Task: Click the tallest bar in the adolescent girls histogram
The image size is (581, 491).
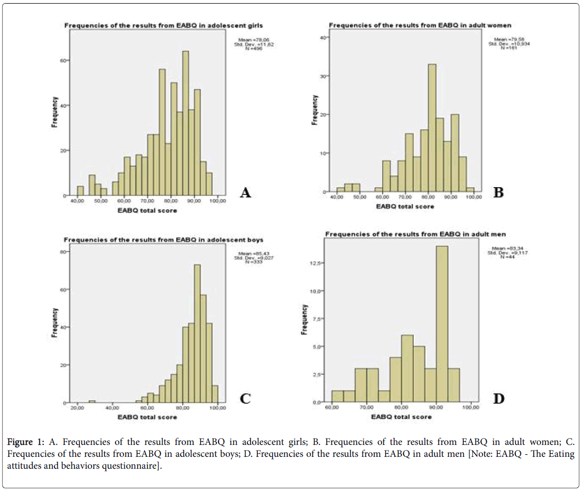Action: [x=185, y=124]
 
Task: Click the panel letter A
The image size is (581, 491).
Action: [x=245, y=192]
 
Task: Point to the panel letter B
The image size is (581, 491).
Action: [x=499, y=192]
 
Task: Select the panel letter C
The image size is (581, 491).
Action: [x=245, y=398]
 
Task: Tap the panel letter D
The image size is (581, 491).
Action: [x=499, y=398]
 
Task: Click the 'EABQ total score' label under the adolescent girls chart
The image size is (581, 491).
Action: [x=147, y=210]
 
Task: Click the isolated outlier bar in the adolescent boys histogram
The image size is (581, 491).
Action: [x=92, y=401]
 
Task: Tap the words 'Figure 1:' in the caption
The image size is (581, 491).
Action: [x=26, y=442]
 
